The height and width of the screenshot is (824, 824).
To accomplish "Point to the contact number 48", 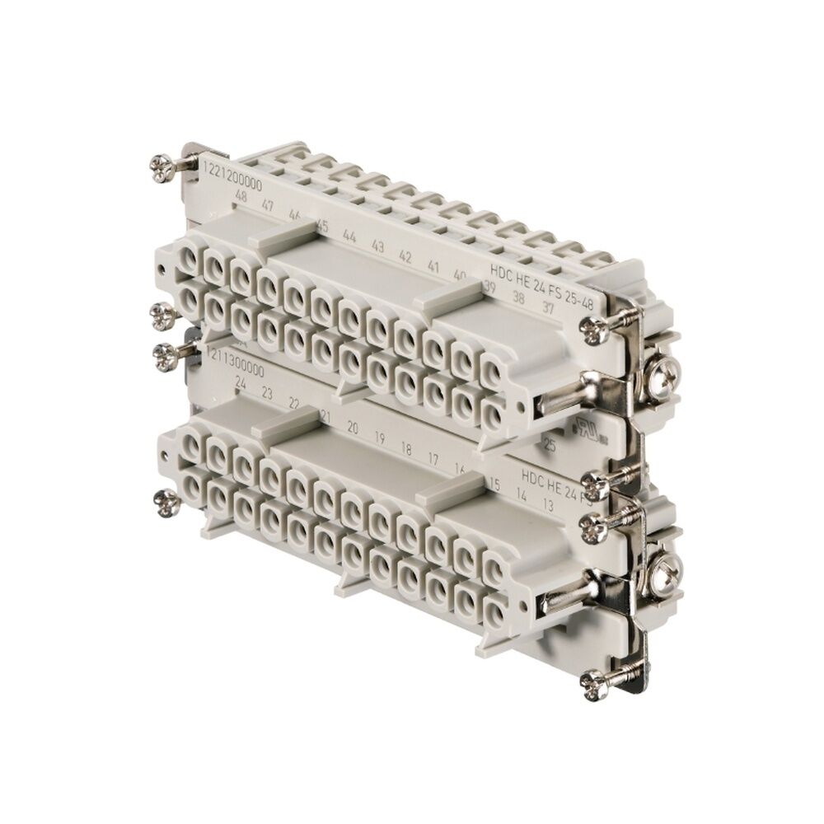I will pyautogui.click(x=241, y=195).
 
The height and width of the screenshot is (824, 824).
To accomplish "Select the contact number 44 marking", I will pyautogui.click(x=349, y=236).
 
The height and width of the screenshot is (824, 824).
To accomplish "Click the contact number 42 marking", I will pyautogui.click(x=405, y=255).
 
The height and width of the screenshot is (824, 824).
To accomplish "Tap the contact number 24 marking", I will pyautogui.click(x=241, y=384).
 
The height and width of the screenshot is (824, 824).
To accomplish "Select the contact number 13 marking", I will pyautogui.click(x=545, y=503).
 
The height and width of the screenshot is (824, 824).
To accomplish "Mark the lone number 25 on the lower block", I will pyautogui.click(x=550, y=445).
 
